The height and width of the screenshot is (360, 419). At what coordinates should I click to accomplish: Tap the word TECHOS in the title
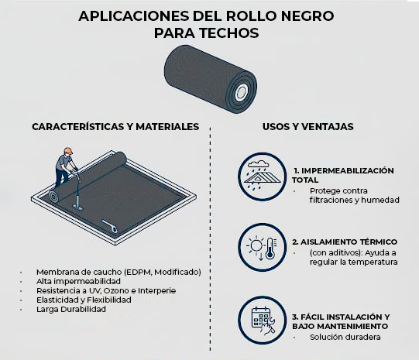[x=229, y=33]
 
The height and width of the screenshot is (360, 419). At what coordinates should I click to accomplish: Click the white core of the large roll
[x=242, y=92]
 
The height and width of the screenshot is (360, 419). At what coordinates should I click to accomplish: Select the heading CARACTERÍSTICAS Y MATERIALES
[x=115, y=127]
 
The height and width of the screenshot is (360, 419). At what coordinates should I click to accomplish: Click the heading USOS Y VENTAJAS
[x=307, y=127]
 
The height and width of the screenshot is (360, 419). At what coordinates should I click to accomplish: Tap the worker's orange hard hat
[x=68, y=151]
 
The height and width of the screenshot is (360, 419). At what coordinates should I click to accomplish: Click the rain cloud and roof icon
[x=262, y=177]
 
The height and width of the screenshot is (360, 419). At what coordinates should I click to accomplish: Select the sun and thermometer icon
[x=262, y=247]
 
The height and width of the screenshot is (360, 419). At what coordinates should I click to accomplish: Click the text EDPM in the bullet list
[x=139, y=273]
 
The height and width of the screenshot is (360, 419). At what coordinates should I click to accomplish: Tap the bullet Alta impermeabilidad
[x=78, y=281]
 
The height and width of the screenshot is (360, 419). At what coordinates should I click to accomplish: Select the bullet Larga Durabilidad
[x=71, y=309]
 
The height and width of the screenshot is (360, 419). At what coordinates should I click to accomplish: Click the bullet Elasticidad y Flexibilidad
[x=84, y=300]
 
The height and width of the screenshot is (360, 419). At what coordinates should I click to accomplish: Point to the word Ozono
[x=116, y=290]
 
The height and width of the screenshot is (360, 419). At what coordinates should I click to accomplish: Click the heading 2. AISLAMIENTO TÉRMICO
[x=345, y=242]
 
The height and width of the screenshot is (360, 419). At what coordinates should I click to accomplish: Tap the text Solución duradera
[x=345, y=337]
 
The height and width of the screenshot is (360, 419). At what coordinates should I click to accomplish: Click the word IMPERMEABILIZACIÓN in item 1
[x=348, y=170]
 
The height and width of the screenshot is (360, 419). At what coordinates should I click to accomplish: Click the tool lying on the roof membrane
[x=109, y=226]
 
